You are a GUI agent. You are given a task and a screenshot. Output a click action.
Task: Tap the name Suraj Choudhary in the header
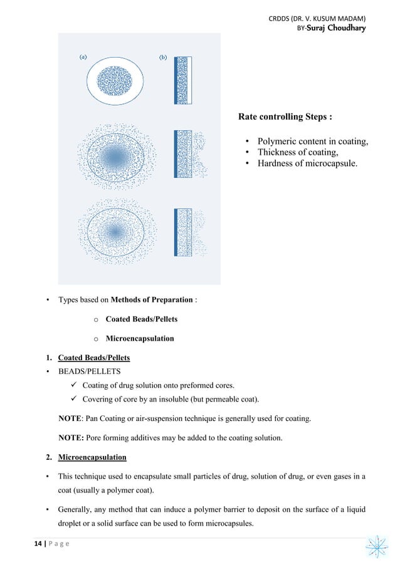coord(336,28)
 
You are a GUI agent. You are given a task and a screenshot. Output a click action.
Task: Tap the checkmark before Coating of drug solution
coord(74,385)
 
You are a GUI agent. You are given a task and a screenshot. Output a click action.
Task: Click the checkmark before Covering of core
coord(74,399)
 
